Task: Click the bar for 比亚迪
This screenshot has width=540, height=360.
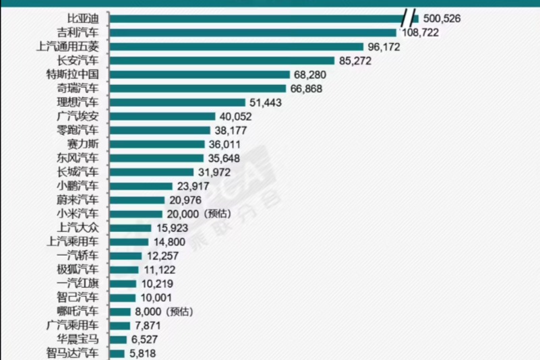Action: tap(256, 18)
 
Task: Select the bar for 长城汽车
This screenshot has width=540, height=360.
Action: tap(151, 172)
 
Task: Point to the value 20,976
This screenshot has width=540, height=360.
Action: tap(187, 200)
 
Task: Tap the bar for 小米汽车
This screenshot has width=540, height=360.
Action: tap(136, 214)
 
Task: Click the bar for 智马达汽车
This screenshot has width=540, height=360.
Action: tap(117, 353)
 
